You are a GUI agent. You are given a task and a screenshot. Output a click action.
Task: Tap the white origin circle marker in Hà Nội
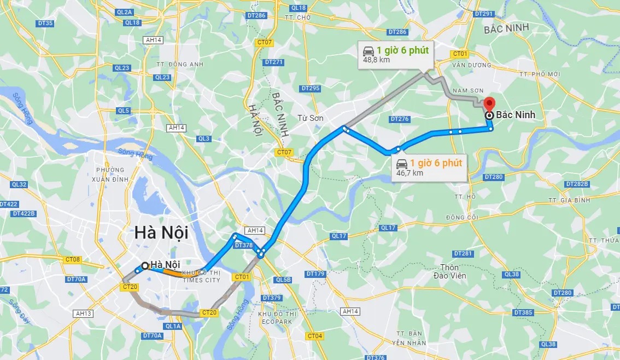(145, 265)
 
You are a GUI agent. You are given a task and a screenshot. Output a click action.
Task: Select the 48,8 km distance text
(377, 60)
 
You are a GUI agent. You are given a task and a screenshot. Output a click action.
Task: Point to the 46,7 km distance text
(410, 173)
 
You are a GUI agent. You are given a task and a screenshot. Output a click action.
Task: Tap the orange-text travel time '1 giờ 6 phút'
(436, 163)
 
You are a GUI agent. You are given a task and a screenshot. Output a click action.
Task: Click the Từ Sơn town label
(311, 118)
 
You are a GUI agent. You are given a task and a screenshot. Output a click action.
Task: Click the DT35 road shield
(45, 23)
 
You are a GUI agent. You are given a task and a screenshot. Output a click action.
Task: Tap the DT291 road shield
(484, 14)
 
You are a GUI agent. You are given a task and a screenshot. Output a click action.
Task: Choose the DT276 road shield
(400, 119)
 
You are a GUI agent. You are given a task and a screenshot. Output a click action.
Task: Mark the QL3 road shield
(204, 138)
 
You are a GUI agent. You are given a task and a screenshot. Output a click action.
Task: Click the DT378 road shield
(243, 246)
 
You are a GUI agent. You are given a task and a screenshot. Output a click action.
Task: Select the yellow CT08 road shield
(73, 259)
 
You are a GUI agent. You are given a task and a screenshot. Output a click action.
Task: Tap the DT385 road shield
(523, 312)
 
